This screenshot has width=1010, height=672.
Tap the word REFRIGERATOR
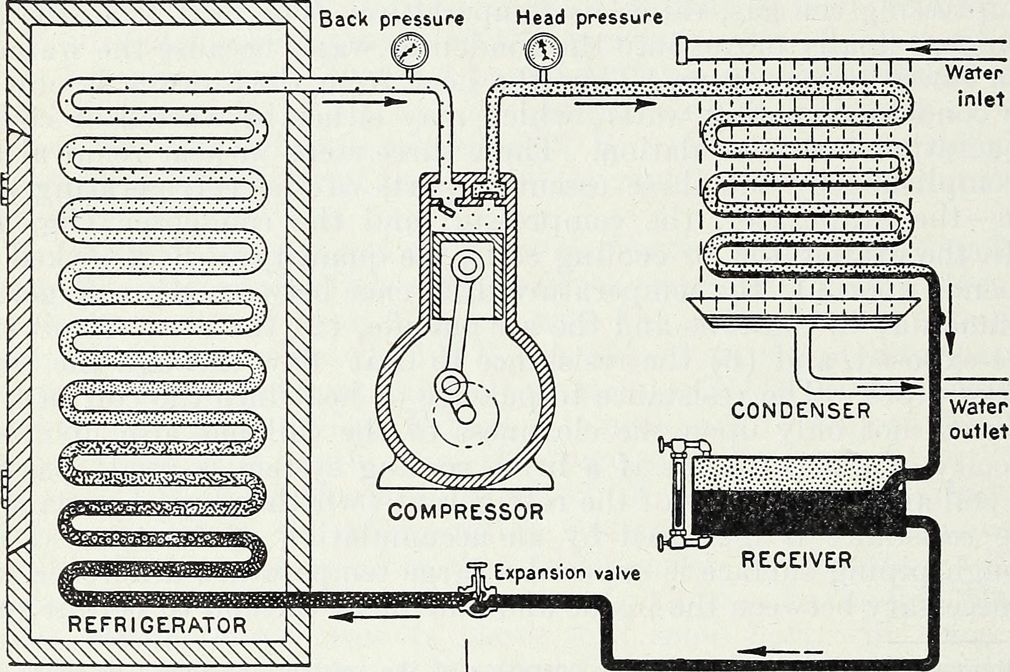click(x=157, y=625)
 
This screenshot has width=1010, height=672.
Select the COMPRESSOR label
click(x=466, y=512)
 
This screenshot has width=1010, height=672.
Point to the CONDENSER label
click(x=800, y=411)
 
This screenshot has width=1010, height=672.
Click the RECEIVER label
click(x=797, y=559)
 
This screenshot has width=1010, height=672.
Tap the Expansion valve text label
click(x=567, y=573)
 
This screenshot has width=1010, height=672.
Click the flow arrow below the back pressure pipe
click(x=364, y=102)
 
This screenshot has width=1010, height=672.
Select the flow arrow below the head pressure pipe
click(x=616, y=105)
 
